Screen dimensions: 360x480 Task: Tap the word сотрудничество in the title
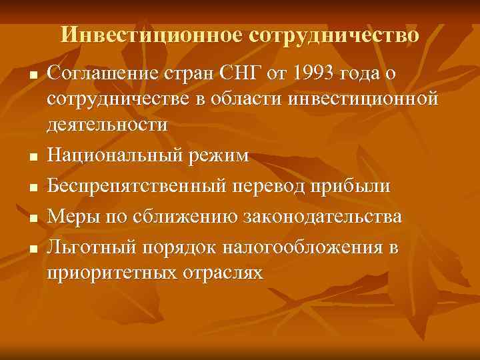tap(335, 35)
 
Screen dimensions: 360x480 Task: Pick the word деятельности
tap(107, 125)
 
